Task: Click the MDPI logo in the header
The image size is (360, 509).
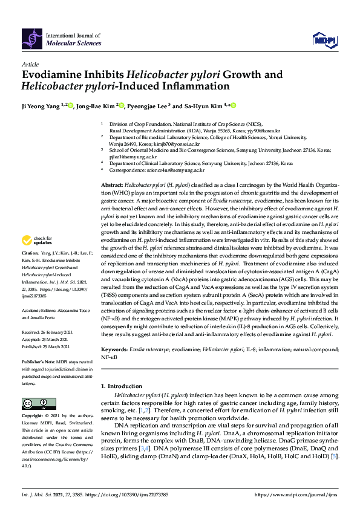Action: click(x=324, y=40)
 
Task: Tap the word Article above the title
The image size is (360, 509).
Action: click(x=30, y=64)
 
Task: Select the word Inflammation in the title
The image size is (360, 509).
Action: click(x=194, y=86)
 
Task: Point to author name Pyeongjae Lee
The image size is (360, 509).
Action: click(x=149, y=106)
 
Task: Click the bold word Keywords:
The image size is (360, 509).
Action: click(x=114, y=349)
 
